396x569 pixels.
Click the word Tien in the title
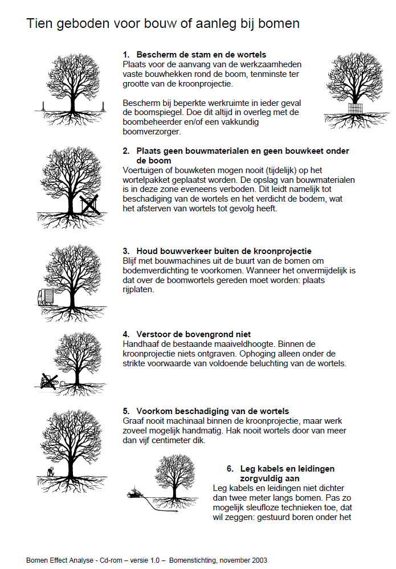[38, 24]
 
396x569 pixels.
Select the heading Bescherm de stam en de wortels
[201, 55]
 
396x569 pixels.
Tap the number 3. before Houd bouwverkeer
[126, 251]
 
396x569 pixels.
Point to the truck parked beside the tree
[45, 297]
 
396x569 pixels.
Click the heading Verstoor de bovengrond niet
[194, 334]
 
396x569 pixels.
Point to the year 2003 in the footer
[258, 560]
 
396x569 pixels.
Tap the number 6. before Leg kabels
[230, 469]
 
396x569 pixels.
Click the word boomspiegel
[162, 112]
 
